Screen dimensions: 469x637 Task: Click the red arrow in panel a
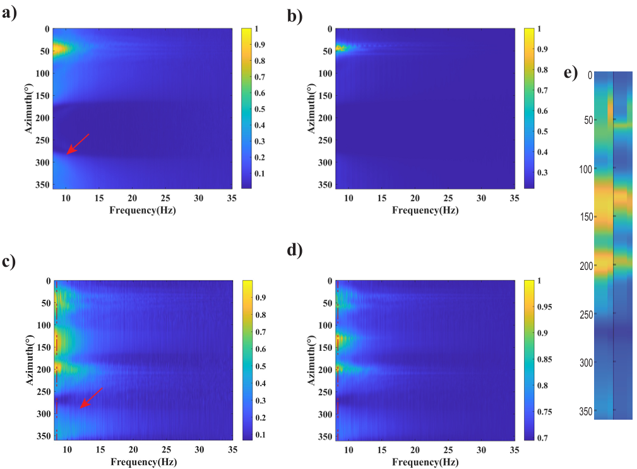(x=78, y=143)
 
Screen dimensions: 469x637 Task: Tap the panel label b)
(x=295, y=16)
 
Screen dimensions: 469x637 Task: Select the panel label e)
(x=571, y=73)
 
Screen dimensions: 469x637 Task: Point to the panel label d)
(x=295, y=250)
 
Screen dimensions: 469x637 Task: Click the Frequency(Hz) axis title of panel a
(x=143, y=210)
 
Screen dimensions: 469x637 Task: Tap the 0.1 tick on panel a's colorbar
(x=261, y=173)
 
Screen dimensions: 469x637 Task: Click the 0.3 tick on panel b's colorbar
(x=542, y=172)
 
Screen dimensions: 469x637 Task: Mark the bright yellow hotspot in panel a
(x=58, y=49)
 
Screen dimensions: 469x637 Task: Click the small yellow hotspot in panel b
(x=339, y=48)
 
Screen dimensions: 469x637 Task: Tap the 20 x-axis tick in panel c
(x=133, y=449)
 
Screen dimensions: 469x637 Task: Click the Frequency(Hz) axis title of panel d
(x=425, y=462)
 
